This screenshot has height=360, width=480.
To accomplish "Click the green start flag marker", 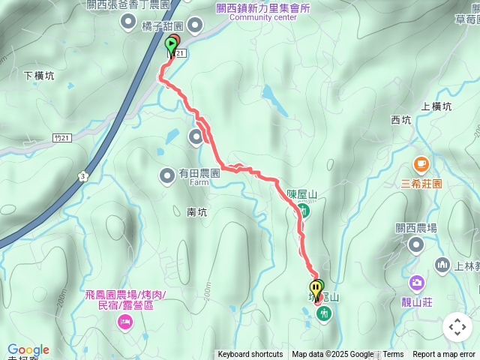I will click(169, 46).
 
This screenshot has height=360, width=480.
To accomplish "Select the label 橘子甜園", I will click(160, 25).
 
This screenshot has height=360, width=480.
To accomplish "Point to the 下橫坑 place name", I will click(39, 75).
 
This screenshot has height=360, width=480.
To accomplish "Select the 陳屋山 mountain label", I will click(301, 196).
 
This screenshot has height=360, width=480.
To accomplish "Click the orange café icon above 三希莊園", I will click(421, 163).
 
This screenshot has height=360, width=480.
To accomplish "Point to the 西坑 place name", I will click(401, 119).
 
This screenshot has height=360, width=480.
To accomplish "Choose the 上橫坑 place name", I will click(436, 106).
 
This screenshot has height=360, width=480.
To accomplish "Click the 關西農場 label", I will click(416, 228).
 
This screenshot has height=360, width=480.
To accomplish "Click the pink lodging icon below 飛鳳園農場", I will click(124, 322).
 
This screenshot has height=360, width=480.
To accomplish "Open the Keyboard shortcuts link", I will click(250, 355).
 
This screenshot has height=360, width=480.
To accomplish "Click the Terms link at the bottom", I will click(393, 355).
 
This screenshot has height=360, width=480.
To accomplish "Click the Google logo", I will click(28, 349).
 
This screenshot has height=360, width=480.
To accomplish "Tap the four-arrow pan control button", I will click(457, 327).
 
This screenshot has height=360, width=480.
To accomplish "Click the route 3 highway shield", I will click(82, 176).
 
